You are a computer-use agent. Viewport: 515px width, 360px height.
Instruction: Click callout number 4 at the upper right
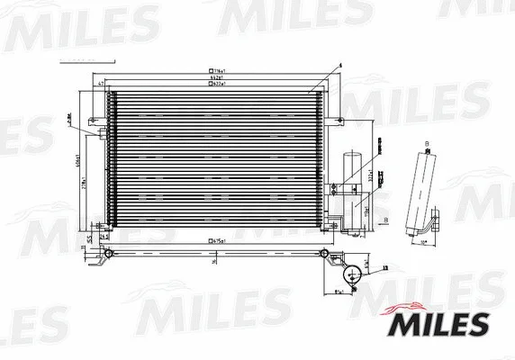click(x=316, y=66)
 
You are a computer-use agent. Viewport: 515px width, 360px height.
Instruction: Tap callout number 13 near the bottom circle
click(x=385, y=267)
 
